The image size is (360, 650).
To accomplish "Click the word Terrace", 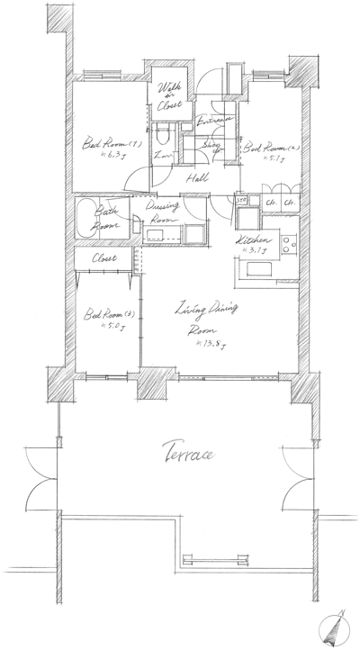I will tap(187, 452).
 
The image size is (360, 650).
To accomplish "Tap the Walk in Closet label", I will tap(169, 96).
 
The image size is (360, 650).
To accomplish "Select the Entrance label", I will tap(214, 120).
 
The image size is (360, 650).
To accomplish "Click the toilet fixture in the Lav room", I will tap(162, 140).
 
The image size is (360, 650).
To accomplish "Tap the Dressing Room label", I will tap(164, 212).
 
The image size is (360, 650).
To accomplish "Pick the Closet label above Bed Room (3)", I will tap(103, 259).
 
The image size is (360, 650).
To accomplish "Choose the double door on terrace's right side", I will tap(297, 486).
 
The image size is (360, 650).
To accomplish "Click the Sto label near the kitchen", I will tap(241, 199).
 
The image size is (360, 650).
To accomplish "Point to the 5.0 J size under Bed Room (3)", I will tap(94, 328).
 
